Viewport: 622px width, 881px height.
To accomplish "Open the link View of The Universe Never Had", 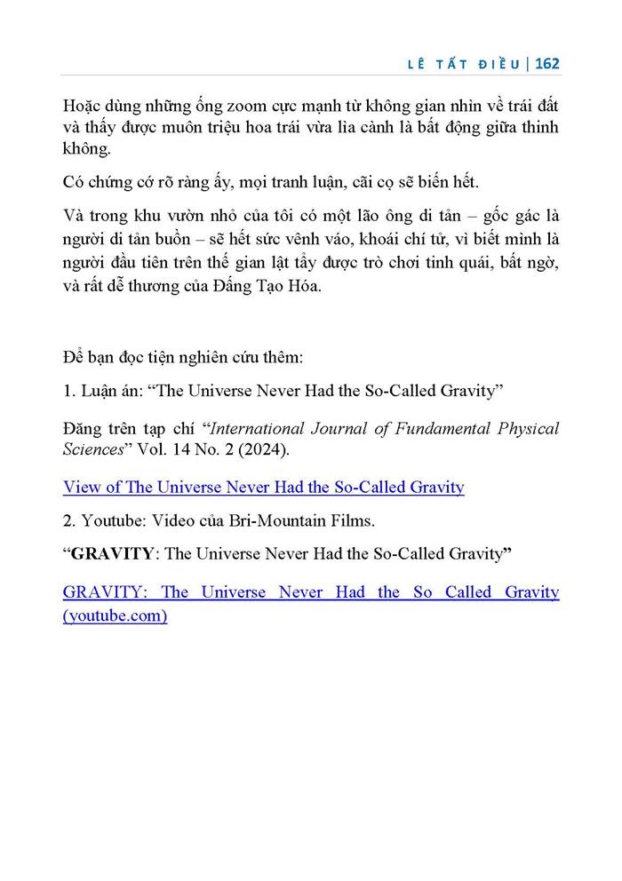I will point(263,487).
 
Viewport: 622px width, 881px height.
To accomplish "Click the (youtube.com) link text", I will point(115,615).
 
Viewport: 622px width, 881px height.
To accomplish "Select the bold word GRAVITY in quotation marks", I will point(111,554).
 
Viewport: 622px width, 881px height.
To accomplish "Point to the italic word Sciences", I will point(92,449).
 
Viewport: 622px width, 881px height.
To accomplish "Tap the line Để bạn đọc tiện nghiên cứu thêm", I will point(184,358).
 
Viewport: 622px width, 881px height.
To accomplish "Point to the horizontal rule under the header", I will point(311,77).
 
